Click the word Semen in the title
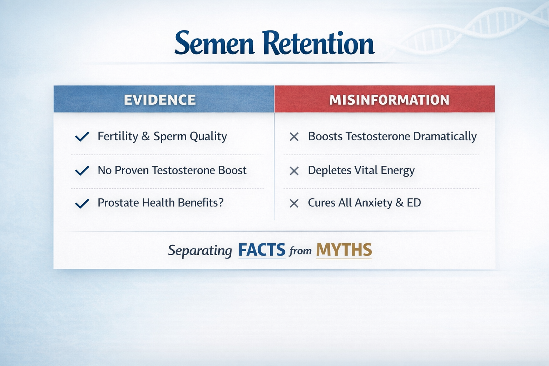tap(214, 44)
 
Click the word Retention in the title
tap(318, 44)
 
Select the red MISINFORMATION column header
tap(389, 100)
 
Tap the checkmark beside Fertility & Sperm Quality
tap(82, 137)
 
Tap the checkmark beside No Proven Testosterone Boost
tap(82, 170)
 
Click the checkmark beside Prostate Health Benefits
tap(82, 203)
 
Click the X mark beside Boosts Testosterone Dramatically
tap(294, 137)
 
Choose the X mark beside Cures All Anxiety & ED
tap(294, 203)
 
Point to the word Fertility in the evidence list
tap(118, 137)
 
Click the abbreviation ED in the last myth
tap(414, 203)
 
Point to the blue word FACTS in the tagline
tap(262, 250)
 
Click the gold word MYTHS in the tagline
tap(344, 250)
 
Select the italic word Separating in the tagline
tap(200, 251)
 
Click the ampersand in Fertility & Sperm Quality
tap(145, 137)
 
